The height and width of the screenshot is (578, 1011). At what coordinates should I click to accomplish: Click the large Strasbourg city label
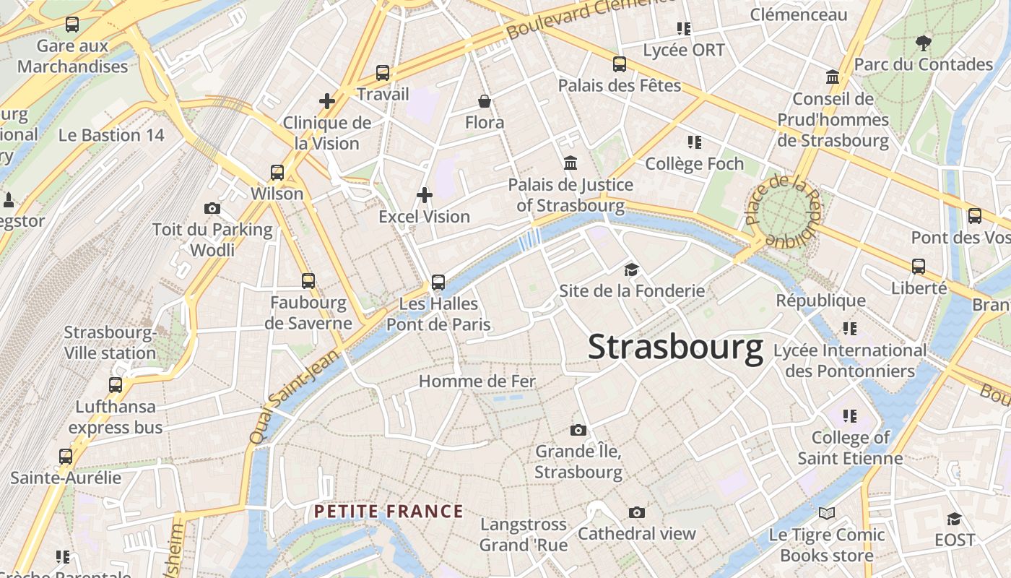tap(675, 348)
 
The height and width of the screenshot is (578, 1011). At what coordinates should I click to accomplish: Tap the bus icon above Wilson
tap(277, 173)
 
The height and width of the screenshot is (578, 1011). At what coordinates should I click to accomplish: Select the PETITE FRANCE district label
tap(389, 512)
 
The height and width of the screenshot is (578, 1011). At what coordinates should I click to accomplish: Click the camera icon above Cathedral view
tap(636, 512)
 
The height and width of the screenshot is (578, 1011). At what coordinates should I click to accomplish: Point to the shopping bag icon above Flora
tap(485, 101)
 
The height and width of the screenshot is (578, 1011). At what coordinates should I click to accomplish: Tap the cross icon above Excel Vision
tap(425, 194)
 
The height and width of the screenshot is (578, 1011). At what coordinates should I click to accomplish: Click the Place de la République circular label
tap(784, 210)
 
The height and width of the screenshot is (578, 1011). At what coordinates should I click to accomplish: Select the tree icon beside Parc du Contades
tap(923, 43)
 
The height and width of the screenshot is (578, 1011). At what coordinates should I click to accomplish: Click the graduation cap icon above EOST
tap(954, 519)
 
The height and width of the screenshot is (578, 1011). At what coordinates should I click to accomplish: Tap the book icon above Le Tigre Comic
tap(827, 513)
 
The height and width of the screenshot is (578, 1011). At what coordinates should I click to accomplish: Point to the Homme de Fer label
tap(477, 381)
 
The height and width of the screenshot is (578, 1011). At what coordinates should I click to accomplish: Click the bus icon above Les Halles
tap(438, 282)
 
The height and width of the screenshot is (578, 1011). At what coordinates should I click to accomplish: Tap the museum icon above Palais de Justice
tap(570, 163)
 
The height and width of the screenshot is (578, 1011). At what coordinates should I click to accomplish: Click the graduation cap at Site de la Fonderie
tap(632, 269)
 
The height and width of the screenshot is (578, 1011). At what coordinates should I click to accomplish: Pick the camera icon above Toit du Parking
tap(212, 209)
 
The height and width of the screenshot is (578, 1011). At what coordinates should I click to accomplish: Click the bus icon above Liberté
tap(919, 267)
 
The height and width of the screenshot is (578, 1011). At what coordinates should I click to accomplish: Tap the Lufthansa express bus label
tap(116, 417)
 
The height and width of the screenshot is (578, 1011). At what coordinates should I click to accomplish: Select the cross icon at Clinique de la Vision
tap(327, 101)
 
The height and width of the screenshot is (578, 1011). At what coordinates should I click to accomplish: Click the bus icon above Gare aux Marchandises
tap(72, 25)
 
